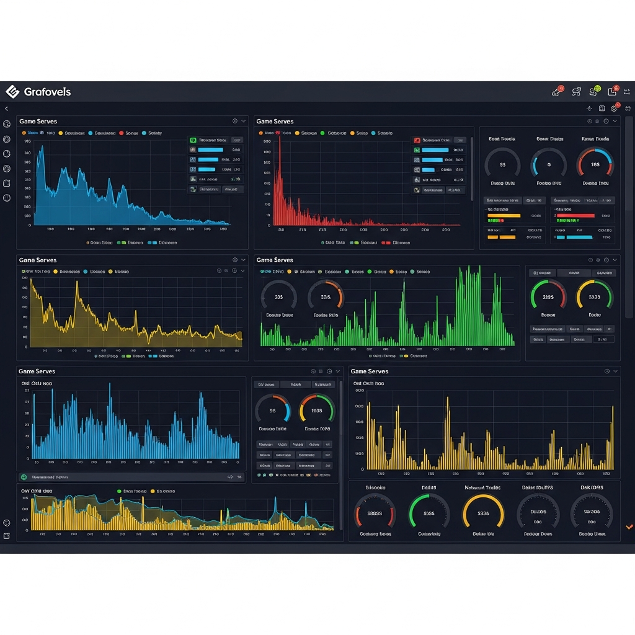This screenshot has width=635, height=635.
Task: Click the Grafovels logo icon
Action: click(x=12, y=92)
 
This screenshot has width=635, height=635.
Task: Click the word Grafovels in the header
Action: click(x=47, y=92)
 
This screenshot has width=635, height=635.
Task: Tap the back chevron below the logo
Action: click(x=7, y=109)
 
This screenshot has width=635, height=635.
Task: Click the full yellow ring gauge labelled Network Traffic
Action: click(x=483, y=513)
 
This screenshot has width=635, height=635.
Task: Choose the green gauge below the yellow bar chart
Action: click(x=429, y=513)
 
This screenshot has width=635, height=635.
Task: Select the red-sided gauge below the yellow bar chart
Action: click(x=374, y=513)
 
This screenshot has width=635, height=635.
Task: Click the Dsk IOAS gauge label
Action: click(x=592, y=487)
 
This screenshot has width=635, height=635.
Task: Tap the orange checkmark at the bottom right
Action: click(x=629, y=526)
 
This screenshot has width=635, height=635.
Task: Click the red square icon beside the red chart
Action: click(x=417, y=140)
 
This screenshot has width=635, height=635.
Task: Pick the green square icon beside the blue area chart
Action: click(x=193, y=140)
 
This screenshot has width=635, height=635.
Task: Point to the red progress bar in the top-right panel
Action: click(x=575, y=216)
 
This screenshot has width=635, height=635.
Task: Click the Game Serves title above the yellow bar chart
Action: click(x=369, y=371)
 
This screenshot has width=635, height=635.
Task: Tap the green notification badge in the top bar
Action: click(x=597, y=89)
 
